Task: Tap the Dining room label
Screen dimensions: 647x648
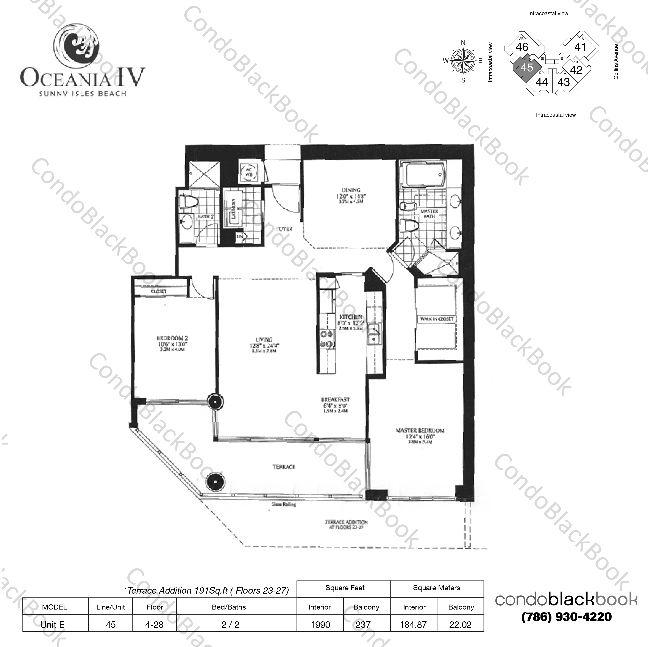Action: pos(351,190)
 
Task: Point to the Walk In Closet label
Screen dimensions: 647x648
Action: pos(436,319)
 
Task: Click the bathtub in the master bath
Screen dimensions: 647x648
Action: pos(426,174)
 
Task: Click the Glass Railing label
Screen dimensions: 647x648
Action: pos(284,504)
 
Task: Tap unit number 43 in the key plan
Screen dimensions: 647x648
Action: pos(564,82)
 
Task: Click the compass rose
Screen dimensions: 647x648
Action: pos(463,61)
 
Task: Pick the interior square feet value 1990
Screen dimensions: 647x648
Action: pos(320,625)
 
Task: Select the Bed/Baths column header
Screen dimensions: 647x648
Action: pos(229,607)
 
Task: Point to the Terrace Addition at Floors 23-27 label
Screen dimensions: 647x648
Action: pos(346,524)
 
